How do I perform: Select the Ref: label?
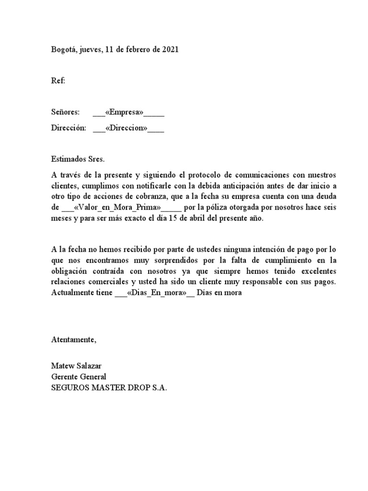(58, 81)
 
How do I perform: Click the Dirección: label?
(69, 129)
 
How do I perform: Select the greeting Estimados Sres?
(78, 158)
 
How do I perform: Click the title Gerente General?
(79, 377)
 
